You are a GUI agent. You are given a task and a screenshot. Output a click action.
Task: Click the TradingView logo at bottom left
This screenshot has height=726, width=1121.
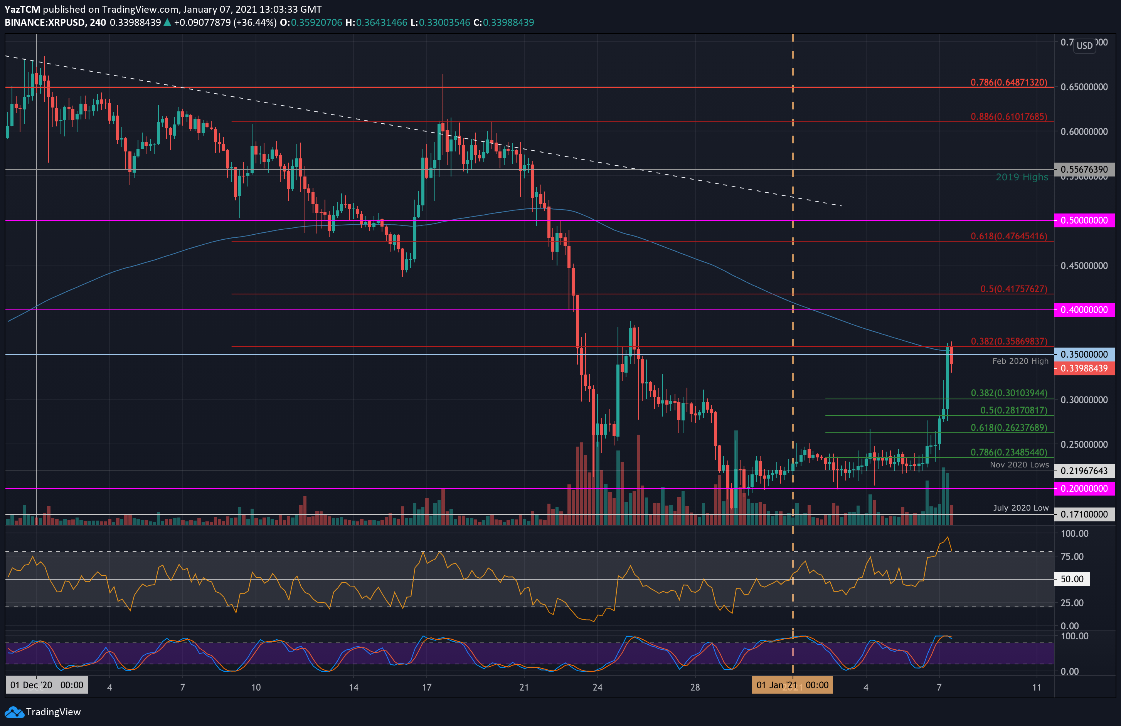[x=42, y=711]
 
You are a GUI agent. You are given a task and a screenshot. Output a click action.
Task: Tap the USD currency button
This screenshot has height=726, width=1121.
[x=1084, y=46]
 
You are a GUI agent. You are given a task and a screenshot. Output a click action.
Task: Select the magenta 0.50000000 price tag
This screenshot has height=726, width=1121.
[x=1084, y=220]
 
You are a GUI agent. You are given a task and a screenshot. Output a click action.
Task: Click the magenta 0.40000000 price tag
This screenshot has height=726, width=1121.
[x=1084, y=310]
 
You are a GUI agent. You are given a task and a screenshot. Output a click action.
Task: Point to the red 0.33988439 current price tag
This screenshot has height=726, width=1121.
[x=1084, y=368]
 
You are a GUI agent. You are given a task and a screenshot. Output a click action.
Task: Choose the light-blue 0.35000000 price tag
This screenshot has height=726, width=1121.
[x=1084, y=354]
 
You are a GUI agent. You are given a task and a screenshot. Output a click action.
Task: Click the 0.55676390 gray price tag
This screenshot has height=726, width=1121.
[x=1084, y=169]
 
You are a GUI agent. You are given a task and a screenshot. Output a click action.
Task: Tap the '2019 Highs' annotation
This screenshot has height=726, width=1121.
[x=1022, y=177]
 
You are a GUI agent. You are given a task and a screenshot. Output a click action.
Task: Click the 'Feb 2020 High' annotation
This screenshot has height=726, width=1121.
[x=1020, y=361]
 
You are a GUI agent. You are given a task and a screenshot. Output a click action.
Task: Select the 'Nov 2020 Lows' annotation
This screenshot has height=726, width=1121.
[x=1019, y=465]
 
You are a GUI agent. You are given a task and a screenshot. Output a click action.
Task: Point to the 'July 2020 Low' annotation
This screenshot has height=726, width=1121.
[x=1021, y=508]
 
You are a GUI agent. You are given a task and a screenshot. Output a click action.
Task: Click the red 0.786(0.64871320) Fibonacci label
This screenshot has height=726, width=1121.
[x=1009, y=82]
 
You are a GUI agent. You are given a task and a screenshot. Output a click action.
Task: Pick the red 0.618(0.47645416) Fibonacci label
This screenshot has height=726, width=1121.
[x=1009, y=236]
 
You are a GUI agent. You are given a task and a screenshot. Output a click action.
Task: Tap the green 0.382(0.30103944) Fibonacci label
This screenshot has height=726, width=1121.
[x=1009, y=393]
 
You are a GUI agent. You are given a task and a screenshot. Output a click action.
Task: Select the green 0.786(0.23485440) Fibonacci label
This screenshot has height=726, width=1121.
[x=1009, y=452]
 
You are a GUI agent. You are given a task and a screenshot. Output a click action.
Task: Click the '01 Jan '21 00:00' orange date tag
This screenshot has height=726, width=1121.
[x=792, y=685]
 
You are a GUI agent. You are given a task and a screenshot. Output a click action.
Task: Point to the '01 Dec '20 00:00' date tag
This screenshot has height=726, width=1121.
[x=47, y=685]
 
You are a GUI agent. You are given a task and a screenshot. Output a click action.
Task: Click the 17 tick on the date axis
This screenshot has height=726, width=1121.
[x=427, y=687]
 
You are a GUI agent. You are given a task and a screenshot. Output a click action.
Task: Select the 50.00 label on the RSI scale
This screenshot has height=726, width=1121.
[x=1072, y=579]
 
